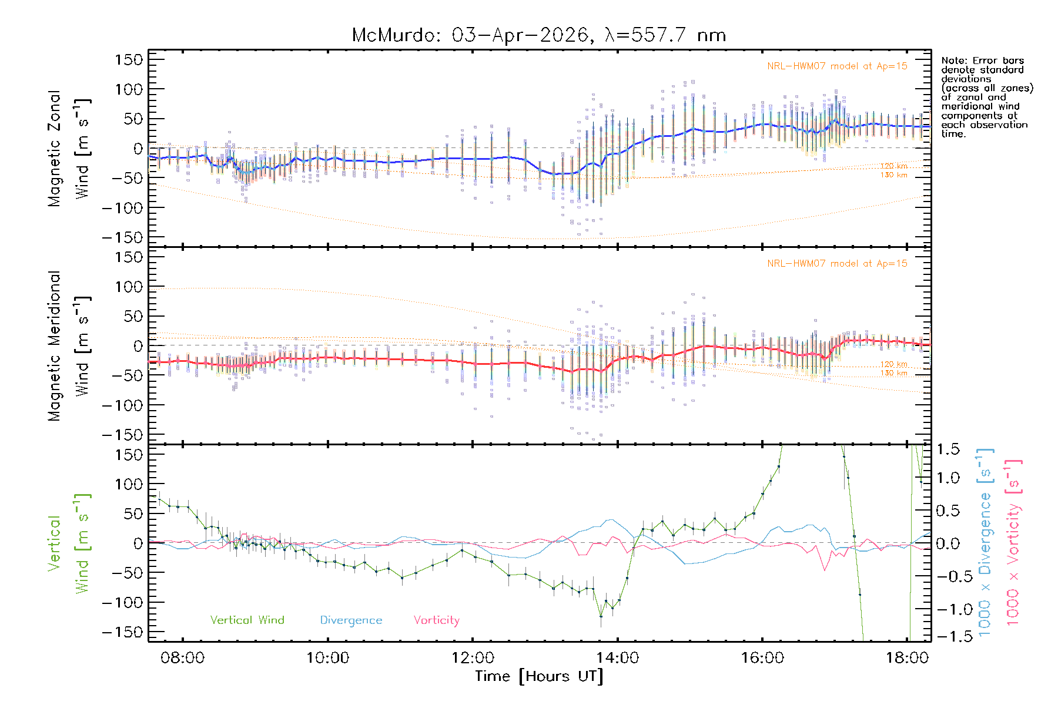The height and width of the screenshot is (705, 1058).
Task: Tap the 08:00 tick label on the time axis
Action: (183, 657)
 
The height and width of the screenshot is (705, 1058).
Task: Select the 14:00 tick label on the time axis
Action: (617, 657)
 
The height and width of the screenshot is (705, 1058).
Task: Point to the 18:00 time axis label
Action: (907, 657)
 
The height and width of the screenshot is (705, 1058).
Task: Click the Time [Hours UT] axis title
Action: (539, 676)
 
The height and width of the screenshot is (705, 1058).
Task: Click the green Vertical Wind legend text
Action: (247, 620)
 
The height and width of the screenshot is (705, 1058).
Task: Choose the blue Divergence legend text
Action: (351, 620)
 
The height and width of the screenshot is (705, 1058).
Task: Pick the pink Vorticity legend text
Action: (436, 620)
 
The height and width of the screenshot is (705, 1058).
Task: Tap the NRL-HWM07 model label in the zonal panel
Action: (837, 66)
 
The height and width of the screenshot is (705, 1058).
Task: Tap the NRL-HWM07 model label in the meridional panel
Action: (837, 263)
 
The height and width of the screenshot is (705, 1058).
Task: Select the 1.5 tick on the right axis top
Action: (947, 449)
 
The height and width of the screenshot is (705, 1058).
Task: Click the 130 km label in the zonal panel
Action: (893, 175)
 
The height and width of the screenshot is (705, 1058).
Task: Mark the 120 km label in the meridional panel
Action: (893, 364)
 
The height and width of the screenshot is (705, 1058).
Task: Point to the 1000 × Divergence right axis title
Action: (985, 542)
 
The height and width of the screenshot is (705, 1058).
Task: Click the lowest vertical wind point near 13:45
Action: (601, 616)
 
